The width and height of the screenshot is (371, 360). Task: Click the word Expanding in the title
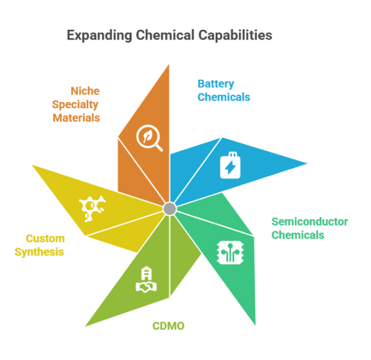(100, 35)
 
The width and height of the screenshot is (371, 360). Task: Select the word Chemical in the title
(165, 35)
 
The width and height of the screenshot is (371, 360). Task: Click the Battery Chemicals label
(224, 90)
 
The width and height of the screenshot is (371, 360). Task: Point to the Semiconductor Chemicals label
(310, 228)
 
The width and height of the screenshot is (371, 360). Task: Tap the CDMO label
(168, 326)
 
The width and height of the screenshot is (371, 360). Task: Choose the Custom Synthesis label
(40, 245)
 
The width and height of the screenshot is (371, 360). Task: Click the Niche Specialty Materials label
(76, 105)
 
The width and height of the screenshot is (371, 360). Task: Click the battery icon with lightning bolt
(230, 165)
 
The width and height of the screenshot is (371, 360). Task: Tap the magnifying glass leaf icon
(149, 138)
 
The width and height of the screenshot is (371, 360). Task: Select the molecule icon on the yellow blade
(92, 208)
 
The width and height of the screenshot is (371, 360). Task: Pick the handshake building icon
(146, 280)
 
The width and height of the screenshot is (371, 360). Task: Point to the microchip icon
(231, 252)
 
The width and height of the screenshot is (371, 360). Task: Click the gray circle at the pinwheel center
(169, 208)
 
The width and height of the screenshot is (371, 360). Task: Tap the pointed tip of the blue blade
(307, 163)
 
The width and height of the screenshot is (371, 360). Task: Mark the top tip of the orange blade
(169, 64)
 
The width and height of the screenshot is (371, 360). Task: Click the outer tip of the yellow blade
(32, 165)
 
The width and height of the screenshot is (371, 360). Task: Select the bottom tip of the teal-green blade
(255, 325)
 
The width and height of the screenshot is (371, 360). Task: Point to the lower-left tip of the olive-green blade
(86, 326)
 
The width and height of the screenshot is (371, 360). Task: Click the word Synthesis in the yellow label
(40, 252)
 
